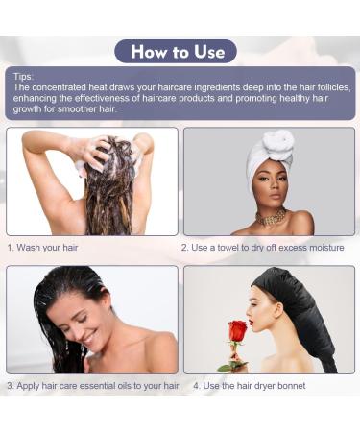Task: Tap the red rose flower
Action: coord(237,332)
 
